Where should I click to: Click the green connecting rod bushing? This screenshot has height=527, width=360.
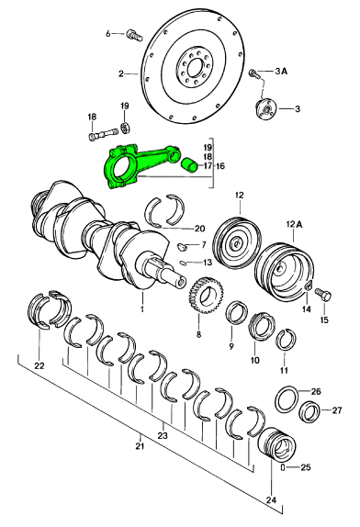tap(189, 165)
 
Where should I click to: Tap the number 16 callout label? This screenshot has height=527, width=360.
tap(220, 166)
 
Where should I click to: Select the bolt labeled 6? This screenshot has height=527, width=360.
tap(135, 35)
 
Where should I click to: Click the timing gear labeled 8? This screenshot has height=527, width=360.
tap(205, 295)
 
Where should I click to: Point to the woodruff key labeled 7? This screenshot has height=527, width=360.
tap(183, 247)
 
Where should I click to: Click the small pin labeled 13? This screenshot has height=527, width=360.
tap(183, 263)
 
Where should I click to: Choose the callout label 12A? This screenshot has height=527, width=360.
tap(294, 225)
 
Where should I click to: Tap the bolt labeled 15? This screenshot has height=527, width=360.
tap(323, 297)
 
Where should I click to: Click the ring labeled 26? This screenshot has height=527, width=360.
tap(287, 399)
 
